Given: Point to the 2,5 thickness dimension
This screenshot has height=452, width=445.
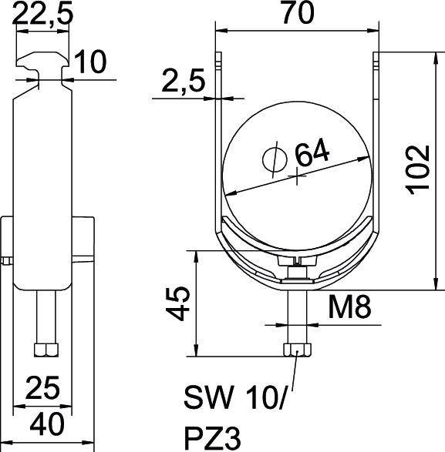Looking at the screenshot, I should point(181,82).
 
